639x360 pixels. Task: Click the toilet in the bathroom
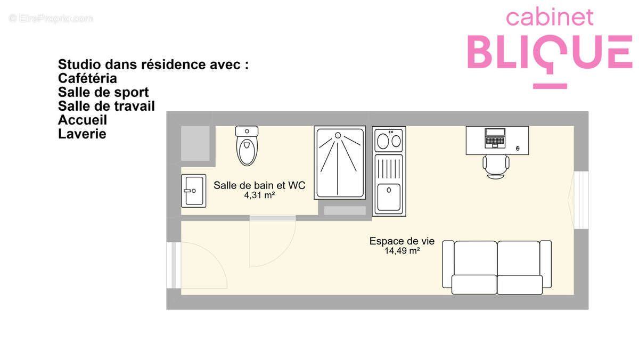point(247,148)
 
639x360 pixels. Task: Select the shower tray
point(340,162)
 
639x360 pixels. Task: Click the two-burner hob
point(389,141)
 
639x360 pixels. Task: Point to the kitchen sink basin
point(388,197)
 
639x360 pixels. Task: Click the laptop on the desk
point(495,138)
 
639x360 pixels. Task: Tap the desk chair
point(496,166)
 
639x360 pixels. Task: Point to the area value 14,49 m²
point(402,251)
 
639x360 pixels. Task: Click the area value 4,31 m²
point(259,195)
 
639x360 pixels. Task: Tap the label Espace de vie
point(402,241)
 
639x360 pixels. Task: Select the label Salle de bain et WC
point(259,185)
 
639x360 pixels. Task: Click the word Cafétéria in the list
point(87,78)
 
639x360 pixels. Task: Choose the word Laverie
point(82,134)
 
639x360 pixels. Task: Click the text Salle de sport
point(103,92)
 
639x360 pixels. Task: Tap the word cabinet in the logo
point(550,17)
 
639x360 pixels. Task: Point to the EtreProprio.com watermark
point(51,19)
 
